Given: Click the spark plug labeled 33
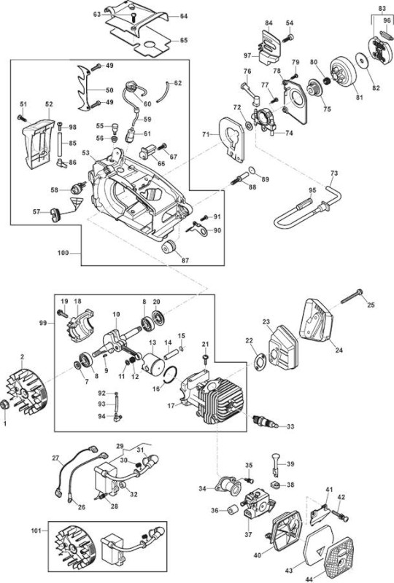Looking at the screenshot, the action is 265,421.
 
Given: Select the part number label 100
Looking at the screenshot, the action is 63,253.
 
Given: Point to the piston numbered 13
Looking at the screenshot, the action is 152,362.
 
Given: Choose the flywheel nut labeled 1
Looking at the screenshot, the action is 4,404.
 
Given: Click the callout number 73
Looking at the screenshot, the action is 334,173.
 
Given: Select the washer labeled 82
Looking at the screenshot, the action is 362,60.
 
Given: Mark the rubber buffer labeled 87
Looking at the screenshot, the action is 169,246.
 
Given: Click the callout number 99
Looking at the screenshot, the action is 43,323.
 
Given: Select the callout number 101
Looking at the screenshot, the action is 36,531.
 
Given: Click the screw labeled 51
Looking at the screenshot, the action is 22,118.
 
